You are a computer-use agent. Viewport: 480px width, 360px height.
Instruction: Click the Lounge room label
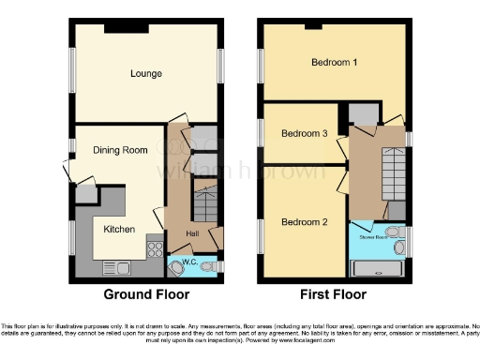point(147,73)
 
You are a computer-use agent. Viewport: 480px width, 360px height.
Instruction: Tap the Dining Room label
point(120,150)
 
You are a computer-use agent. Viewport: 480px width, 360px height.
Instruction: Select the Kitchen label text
point(119,229)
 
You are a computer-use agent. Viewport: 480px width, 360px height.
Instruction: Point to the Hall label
point(191,233)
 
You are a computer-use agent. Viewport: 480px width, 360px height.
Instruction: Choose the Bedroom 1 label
point(335,64)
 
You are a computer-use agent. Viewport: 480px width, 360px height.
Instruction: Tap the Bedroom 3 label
point(305,134)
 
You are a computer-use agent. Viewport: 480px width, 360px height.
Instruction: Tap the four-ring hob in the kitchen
point(154,248)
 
